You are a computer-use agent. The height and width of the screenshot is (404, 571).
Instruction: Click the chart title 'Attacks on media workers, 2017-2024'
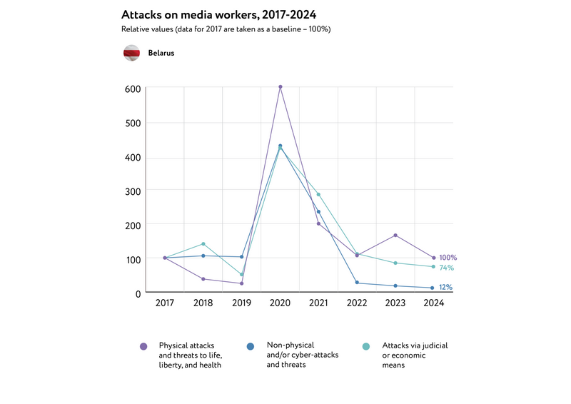218,14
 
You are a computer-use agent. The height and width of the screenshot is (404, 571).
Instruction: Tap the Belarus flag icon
131,53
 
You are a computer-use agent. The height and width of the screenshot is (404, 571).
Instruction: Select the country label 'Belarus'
161,53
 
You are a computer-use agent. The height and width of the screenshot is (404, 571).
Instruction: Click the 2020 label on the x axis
280,303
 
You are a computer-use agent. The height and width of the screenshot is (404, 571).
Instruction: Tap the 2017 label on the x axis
165,303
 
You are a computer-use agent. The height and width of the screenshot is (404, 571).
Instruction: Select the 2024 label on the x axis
434,303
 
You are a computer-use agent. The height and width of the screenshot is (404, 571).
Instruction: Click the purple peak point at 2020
280,87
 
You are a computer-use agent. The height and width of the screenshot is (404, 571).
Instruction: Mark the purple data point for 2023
395,236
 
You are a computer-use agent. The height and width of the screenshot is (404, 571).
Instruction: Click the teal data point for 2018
203,244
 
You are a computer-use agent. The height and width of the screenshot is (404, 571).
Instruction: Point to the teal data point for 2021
318,194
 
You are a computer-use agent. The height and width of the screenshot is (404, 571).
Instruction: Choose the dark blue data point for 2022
357,283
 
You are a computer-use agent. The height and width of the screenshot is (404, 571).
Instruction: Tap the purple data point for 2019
242,283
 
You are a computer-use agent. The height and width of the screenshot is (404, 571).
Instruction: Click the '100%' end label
448,258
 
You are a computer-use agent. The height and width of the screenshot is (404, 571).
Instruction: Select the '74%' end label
446,268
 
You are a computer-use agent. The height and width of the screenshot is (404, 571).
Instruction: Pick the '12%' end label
445,288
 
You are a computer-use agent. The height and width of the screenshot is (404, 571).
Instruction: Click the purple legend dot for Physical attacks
144,346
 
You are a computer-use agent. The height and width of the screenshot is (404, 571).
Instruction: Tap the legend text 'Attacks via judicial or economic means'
415,355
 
